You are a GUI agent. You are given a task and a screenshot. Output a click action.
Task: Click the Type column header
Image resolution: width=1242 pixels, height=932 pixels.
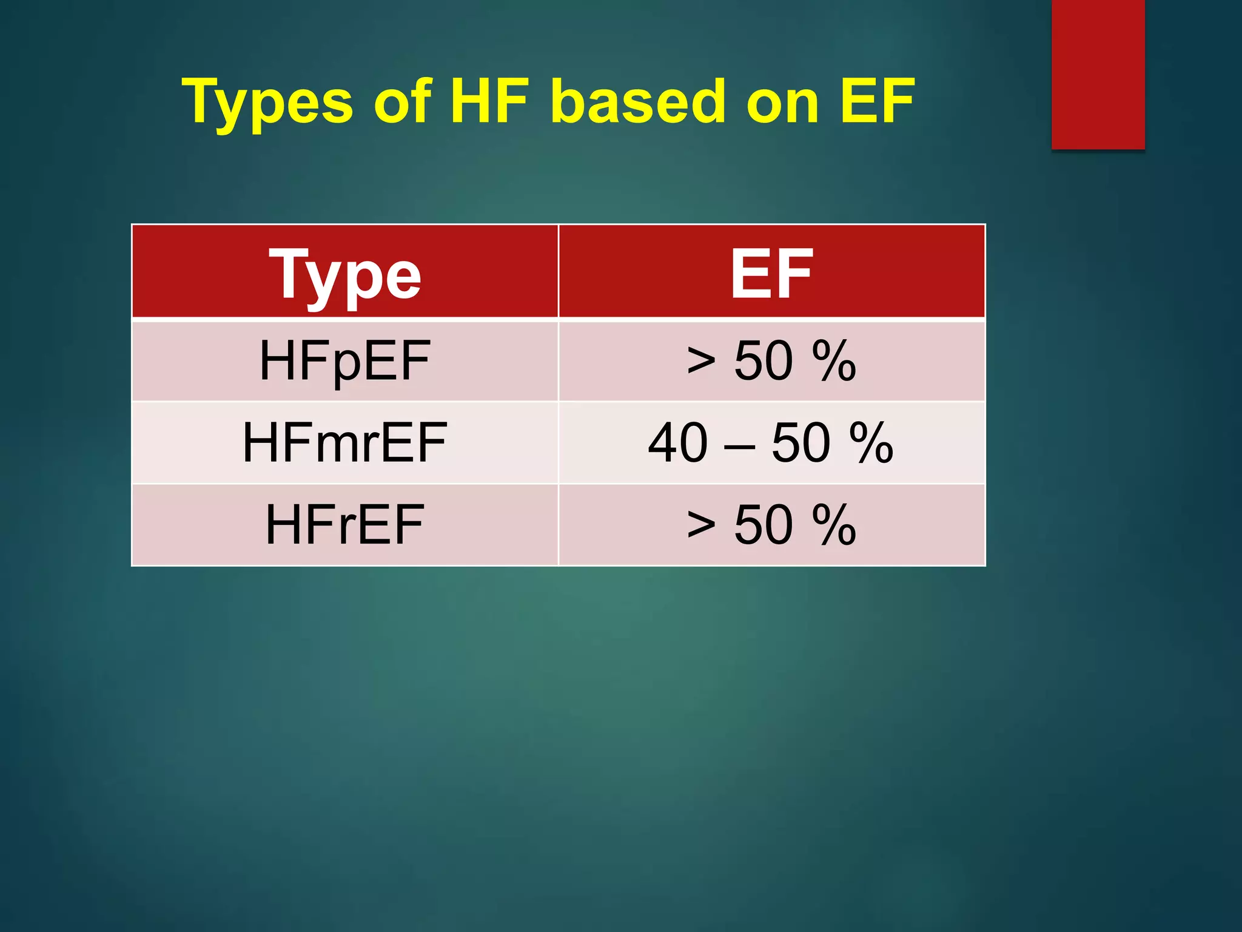tap(344, 274)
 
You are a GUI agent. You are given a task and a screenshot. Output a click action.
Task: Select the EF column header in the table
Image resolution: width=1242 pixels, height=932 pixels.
tap(771, 274)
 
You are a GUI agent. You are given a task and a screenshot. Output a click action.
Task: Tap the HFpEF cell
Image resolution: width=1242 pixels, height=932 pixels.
tap(344, 361)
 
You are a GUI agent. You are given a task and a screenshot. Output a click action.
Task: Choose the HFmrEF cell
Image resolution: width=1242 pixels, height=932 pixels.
tap(344, 442)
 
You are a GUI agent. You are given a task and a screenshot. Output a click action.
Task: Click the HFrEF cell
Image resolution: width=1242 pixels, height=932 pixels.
tap(344, 525)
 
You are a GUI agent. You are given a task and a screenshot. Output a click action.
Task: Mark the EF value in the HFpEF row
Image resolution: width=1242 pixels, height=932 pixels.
tap(771, 361)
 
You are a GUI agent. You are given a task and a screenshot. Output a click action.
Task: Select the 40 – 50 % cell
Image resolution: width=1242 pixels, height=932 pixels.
tap(771, 442)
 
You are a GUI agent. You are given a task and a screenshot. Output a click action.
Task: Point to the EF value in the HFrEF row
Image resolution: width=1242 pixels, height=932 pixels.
tap(771, 525)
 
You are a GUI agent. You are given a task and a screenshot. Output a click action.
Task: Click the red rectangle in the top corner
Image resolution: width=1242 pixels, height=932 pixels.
tap(1098, 74)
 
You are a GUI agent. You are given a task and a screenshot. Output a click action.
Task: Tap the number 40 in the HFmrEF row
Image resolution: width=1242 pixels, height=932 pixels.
tap(677, 442)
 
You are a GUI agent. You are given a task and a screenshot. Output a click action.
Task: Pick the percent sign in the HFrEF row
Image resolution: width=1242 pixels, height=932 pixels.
tap(834, 525)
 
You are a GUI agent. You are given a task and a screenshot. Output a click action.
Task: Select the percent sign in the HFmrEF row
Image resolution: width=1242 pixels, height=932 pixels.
tap(871, 442)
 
